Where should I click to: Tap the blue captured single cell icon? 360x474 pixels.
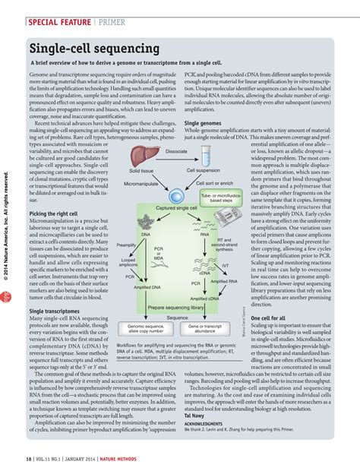pos(175,196)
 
